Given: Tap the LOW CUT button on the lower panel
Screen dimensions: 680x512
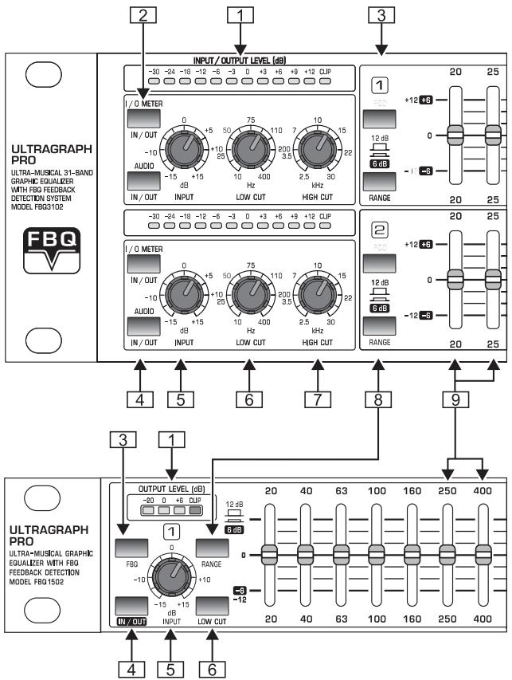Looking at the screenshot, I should click(213, 605).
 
